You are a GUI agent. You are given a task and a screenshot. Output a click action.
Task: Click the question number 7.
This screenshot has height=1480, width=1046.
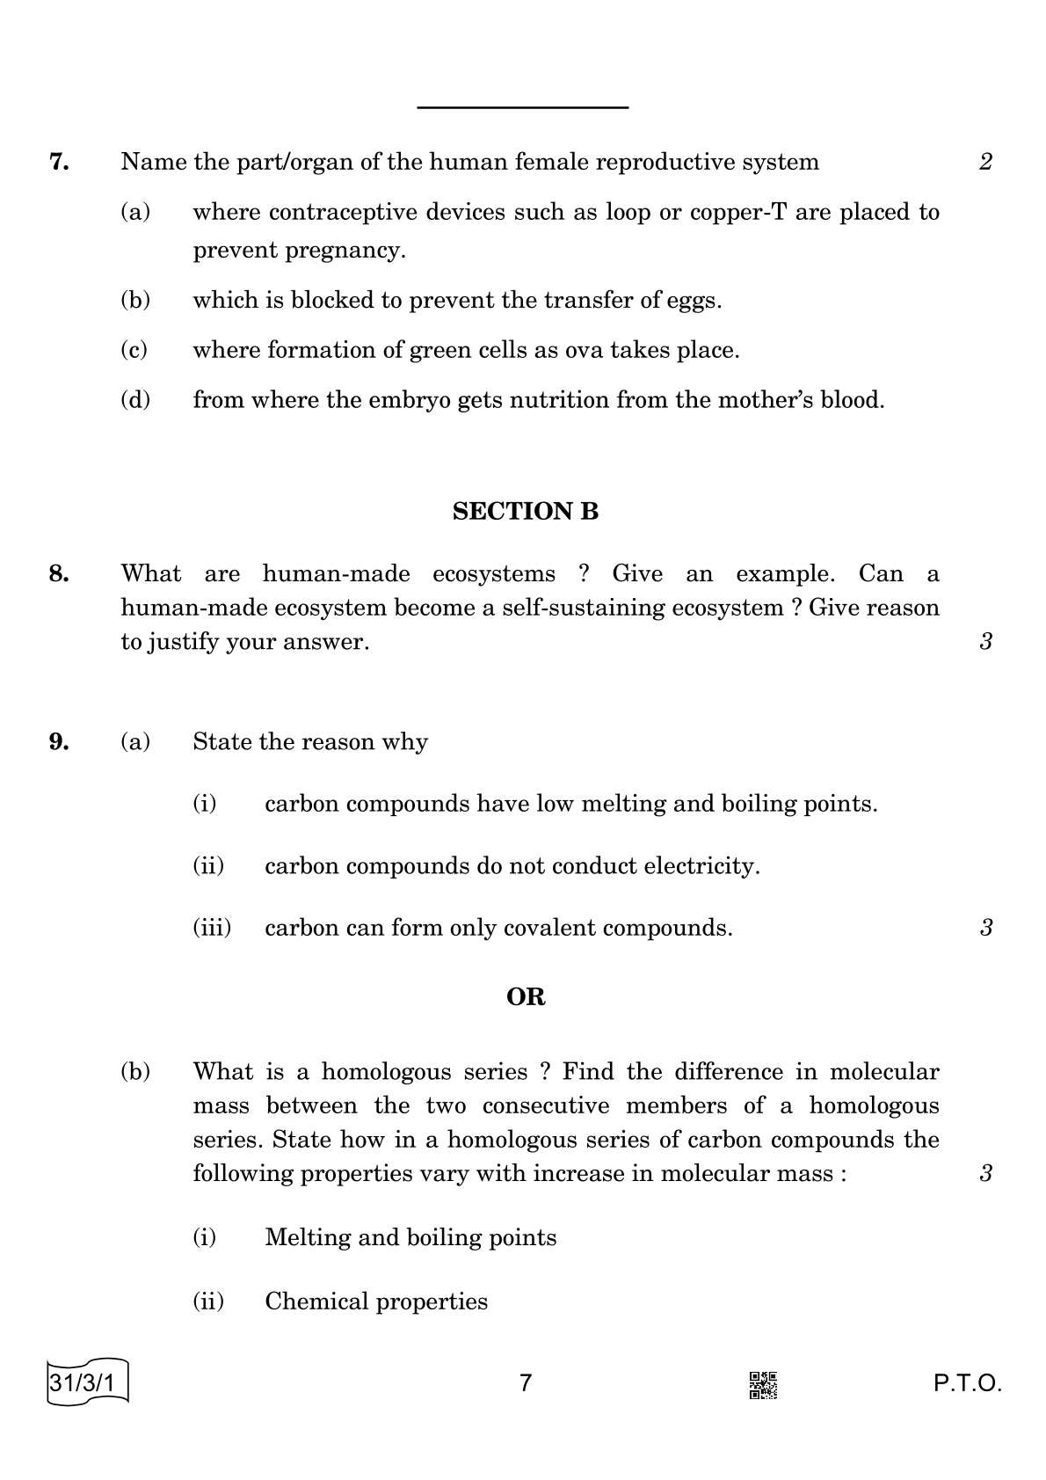click(x=59, y=162)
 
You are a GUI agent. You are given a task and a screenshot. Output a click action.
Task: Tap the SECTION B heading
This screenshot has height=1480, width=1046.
click(x=525, y=511)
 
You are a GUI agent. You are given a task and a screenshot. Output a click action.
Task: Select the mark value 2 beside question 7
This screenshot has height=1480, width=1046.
click(x=985, y=162)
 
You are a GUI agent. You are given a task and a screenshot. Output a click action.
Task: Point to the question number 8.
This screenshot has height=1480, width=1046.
click(x=59, y=574)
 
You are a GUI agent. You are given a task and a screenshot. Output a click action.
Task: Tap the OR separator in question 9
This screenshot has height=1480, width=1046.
click(x=526, y=996)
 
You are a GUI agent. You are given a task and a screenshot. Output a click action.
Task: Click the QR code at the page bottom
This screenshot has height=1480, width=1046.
click(x=762, y=1385)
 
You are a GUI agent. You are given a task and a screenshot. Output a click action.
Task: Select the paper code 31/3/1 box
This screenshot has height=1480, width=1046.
click(x=86, y=1383)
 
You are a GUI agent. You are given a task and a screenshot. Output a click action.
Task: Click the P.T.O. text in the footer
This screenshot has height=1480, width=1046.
click(x=967, y=1384)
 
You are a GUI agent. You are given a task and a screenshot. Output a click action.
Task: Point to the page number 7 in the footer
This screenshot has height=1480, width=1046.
click(x=526, y=1383)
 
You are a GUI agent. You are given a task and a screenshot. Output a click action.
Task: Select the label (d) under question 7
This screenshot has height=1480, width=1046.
click(x=135, y=400)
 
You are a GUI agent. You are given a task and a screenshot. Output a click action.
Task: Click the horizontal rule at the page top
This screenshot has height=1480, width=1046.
click(x=522, y=107)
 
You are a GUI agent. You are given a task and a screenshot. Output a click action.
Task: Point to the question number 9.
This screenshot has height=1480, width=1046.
click(x=59, y=742)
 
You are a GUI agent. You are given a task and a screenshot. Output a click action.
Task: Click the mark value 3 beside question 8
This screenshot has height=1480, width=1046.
click(x=985, y=642)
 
